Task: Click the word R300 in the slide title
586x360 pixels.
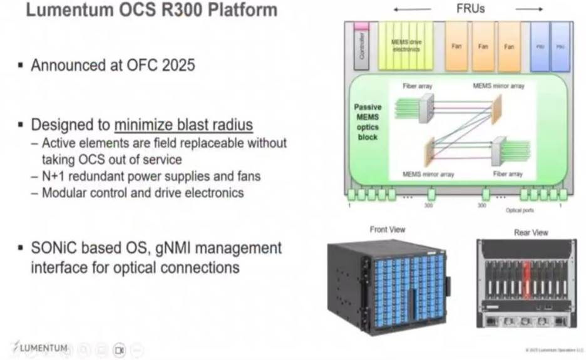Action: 170,11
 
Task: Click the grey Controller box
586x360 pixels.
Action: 361,49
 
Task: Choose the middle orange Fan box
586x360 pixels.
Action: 483,47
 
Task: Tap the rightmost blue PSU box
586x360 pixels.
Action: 559,47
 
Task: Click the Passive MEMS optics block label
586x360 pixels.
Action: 368,122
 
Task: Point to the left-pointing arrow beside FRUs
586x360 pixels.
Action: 413,9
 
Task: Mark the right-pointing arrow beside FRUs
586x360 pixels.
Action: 529,9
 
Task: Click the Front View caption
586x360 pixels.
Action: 388,230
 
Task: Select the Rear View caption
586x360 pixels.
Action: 531,232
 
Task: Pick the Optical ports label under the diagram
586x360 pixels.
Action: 519,210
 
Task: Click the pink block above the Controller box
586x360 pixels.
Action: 361,26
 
